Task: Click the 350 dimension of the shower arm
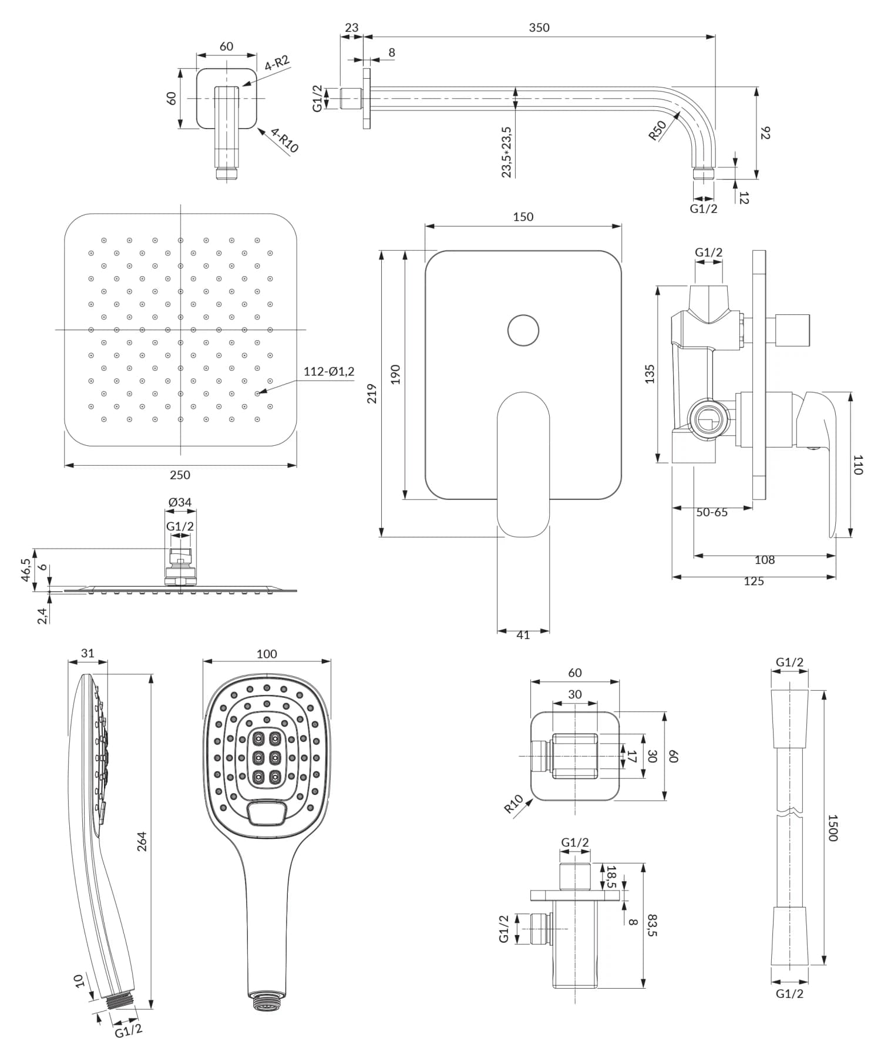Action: pos(539,28)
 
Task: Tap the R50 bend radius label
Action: pos(657,130)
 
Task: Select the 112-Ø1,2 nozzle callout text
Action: pos(329,371)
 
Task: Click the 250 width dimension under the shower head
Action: pos(180,475)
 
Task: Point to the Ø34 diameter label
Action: pos(180,502)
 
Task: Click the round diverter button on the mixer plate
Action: pos(523,330)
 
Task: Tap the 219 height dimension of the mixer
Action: pos(372,394)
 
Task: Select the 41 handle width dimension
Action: pos(523,635)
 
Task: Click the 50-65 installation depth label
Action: pos(712,512)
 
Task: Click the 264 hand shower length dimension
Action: pos(142,841)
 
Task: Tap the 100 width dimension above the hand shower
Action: pos(267,654)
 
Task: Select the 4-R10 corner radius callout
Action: pos(285,142)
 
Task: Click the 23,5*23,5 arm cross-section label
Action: pos(506,152)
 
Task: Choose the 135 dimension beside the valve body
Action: pos(650,374)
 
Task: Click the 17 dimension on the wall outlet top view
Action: pos(631,756)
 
